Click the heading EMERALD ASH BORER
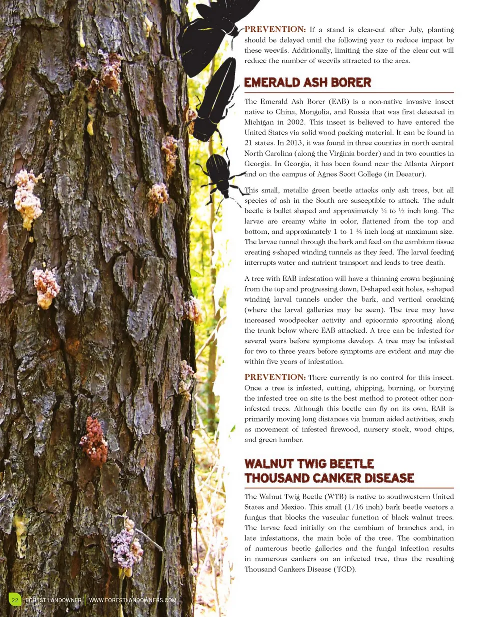307,83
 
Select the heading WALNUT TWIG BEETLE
309,464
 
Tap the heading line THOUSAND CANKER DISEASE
329,478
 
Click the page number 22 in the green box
15,600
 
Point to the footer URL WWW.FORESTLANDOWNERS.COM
133,600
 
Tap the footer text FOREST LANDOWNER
53,600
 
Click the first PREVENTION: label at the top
275,29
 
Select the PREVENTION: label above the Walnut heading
275,377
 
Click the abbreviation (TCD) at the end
345,569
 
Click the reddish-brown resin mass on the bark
94,440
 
